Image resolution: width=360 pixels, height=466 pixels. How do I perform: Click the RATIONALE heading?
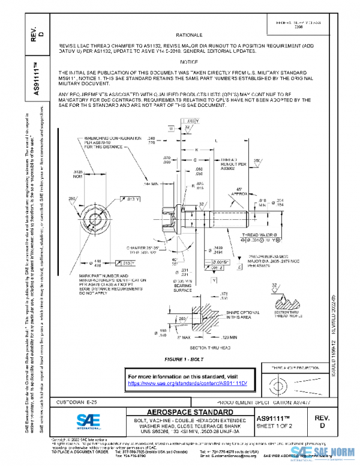[x=193, y=35]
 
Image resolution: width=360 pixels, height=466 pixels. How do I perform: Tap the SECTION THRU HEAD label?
[x=194, y=348]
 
